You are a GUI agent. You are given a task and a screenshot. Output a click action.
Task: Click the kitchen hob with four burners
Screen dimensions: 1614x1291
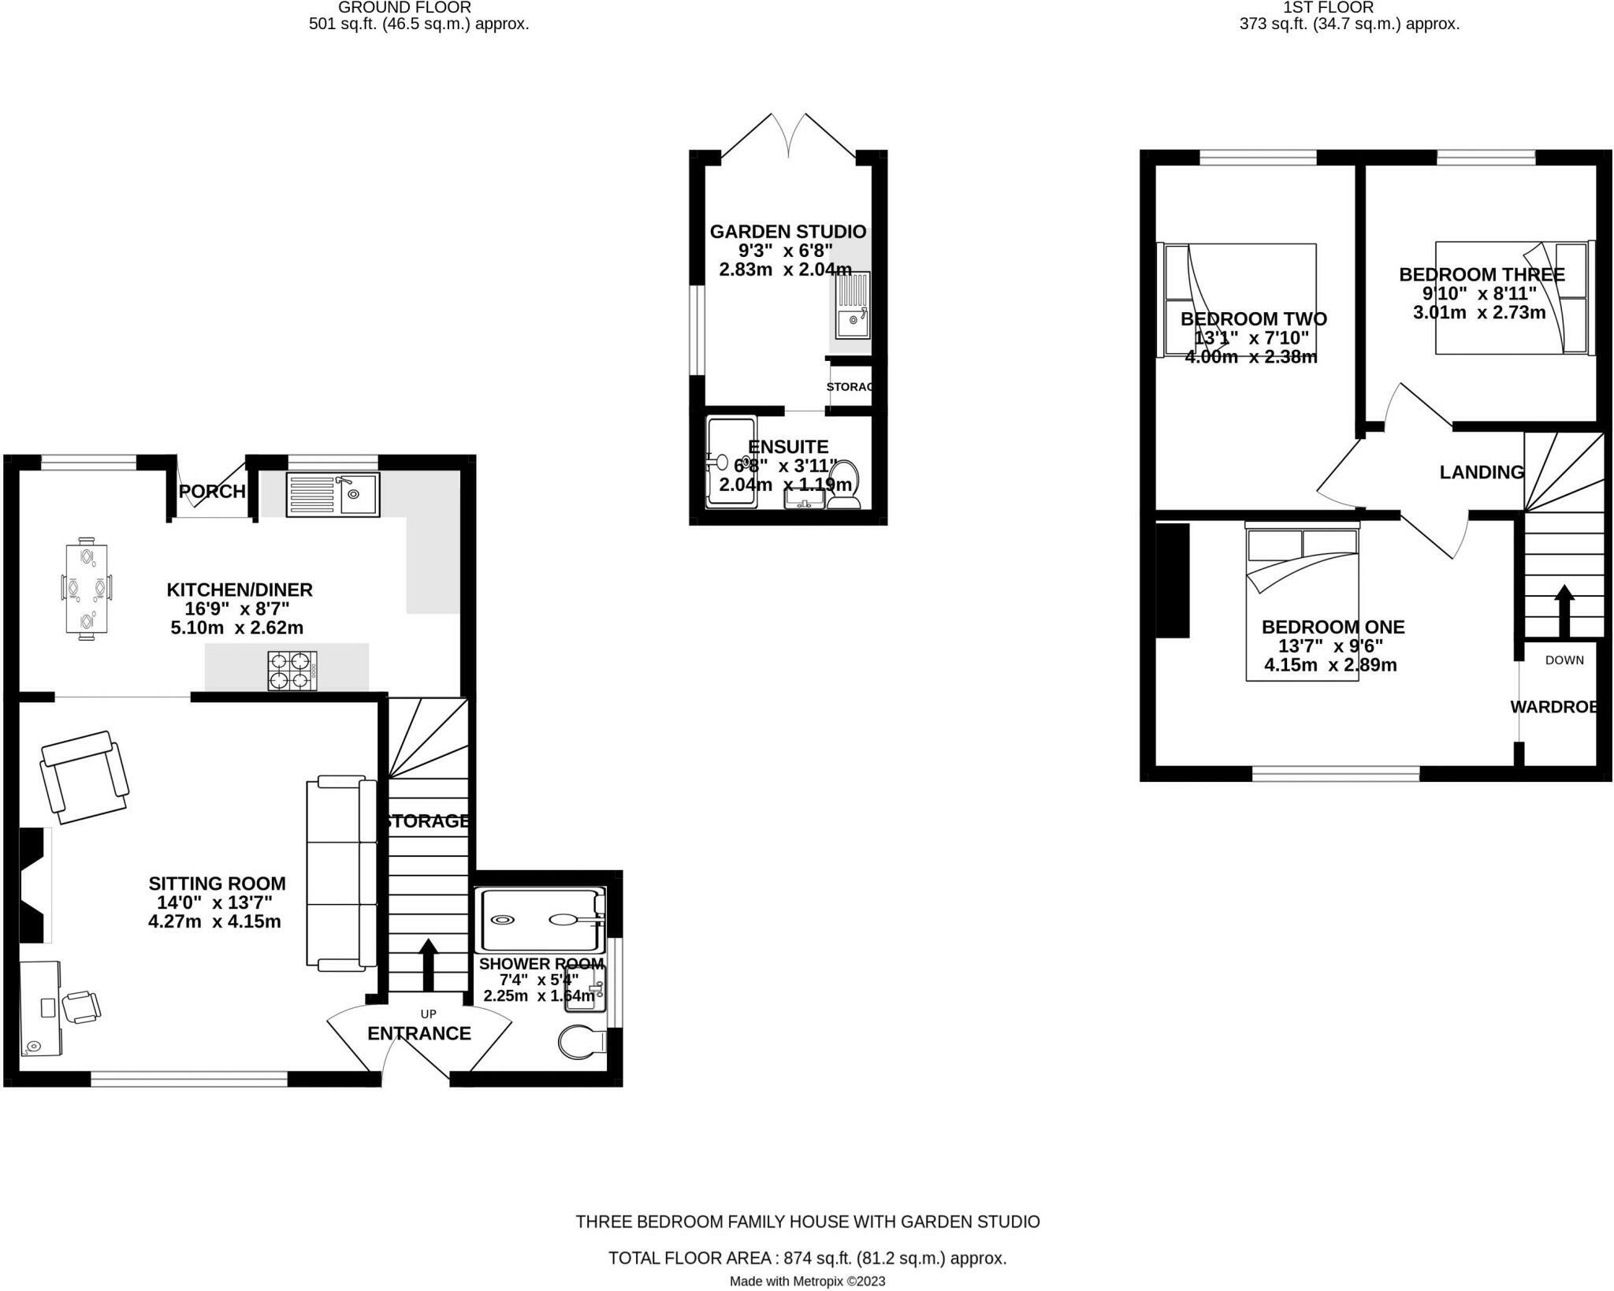coord(292,671)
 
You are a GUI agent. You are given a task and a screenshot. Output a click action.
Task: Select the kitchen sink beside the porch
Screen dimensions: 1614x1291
coord(333,494)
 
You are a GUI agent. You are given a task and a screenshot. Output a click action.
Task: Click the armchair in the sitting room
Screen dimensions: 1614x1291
coord(85,777)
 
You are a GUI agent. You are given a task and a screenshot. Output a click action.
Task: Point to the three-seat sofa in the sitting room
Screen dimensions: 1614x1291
coord(341,872)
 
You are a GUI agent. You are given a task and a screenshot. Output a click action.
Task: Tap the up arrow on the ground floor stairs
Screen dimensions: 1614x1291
coord(429,965)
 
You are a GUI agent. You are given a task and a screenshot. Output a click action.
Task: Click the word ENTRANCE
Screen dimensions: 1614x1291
coord(419,1033)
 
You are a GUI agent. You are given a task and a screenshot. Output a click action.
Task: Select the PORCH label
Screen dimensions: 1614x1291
coord(212,492)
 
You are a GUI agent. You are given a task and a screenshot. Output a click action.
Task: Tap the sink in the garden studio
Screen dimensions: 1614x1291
coord(852,305)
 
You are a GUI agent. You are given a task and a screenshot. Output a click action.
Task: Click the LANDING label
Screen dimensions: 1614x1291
coord(1482,472)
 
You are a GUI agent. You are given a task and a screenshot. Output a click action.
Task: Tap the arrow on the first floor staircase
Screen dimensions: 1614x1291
coord(1564,611)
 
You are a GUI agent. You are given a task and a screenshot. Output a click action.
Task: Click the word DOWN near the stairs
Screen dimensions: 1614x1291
coord(1564,660)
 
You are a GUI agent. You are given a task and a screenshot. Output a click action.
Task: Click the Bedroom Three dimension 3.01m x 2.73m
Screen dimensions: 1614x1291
coord(1479,313)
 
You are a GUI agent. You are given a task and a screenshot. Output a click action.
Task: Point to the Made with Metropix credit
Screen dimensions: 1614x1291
coord(807,1282)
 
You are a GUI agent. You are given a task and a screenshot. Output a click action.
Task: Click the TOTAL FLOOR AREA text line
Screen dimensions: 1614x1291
coord(807,1258)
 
